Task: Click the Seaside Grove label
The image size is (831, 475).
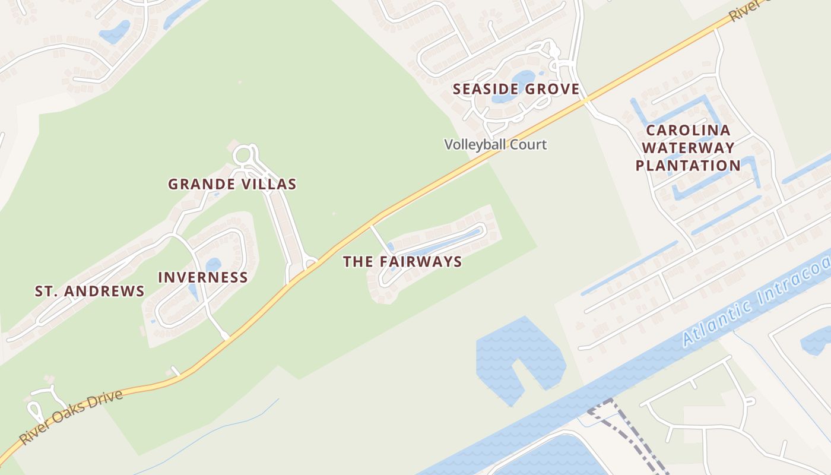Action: (x=515, y=90)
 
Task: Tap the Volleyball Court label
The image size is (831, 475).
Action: (x=496, y=144)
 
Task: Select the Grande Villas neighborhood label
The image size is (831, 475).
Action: (x=232, y=184)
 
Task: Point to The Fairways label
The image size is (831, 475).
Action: (x=402, y=262)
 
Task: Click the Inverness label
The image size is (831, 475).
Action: (x=203, y=277)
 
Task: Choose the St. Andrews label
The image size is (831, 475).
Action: (x=90, y=291)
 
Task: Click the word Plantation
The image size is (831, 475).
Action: (x=688, y=166)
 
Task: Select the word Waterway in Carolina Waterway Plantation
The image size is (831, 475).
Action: (x=688, y=148)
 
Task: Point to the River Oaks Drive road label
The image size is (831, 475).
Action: (x=71, y=417)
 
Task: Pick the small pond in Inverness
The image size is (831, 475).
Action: (x=212, y=265)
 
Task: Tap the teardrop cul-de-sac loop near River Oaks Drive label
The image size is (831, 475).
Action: (x=35, y=411)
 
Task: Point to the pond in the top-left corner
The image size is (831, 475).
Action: (x=116, y=31)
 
